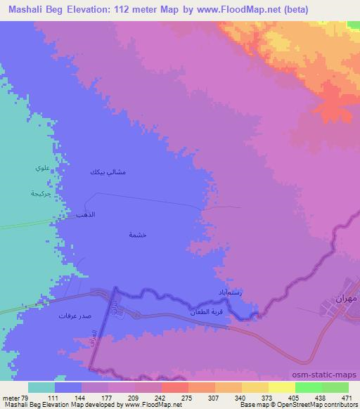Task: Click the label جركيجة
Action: pyautogui.click(x=41, y=193)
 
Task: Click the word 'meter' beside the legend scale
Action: pyautogui.click(x=11, y=397)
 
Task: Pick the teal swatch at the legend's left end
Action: pyautogui.click(x=41, y=387)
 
